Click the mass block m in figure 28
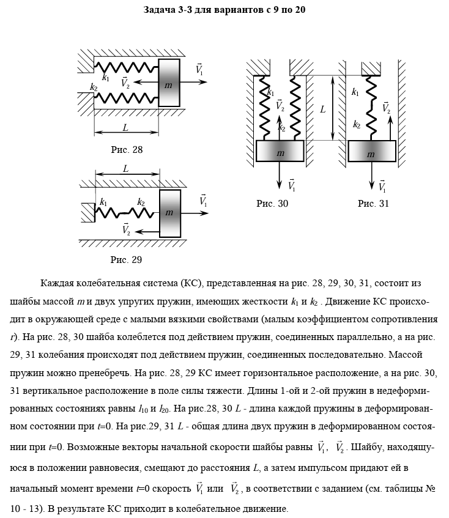click(169, 83)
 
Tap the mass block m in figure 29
click(169, 213)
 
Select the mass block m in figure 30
click(280, 151)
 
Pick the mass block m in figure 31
click(371, 151)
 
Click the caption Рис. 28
click(126, 149)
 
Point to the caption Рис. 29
click(126, 260)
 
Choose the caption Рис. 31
click(373, 204)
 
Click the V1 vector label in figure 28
click(200, 69)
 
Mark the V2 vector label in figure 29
click(126, 229)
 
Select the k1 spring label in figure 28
click(106, 78)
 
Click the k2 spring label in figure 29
click(141, 202)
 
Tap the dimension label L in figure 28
click(125, 128)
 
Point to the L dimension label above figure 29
click(125, 168)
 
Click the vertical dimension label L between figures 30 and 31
click(322, 109)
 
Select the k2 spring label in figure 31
click(356, 124)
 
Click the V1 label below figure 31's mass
click(382, 186)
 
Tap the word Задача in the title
click(161, 10)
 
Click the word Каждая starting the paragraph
click(56, 284)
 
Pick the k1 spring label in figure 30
click(270, 92)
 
